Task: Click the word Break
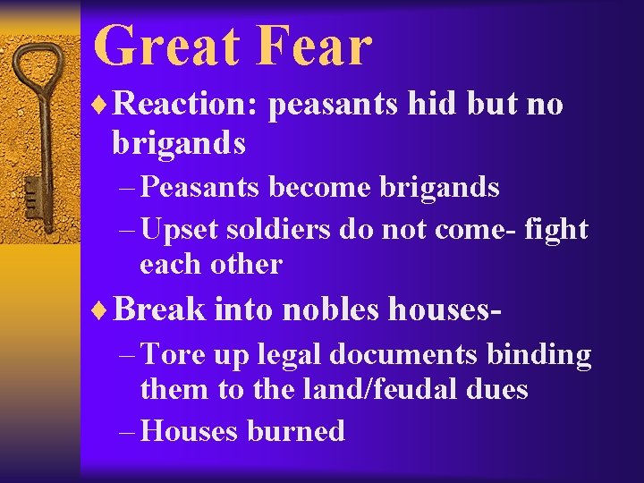159,309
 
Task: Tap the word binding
538,356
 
